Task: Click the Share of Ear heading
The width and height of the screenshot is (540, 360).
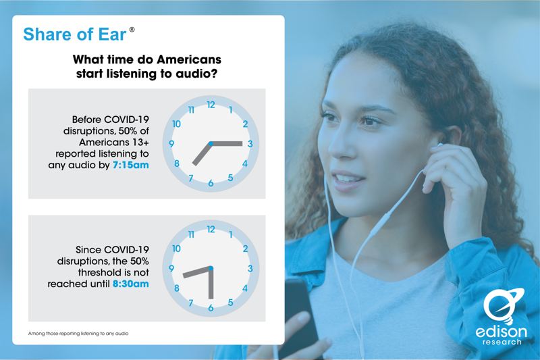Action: coord(75,34)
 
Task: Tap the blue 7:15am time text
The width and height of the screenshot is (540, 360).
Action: coord(130,165)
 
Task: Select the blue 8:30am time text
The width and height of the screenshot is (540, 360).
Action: coord(130,284)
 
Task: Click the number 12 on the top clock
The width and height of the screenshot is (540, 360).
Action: coord(211,105)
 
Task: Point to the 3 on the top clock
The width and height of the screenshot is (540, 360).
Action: coord(250,144)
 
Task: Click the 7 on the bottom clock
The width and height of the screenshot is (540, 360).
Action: coord(191,303)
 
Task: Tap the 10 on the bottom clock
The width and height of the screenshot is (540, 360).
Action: coord(176,249)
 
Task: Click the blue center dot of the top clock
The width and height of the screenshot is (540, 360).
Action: coord(211,144)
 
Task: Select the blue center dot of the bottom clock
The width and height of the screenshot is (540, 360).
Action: coord(211,268)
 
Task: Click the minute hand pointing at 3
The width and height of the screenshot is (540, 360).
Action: coord(227,144)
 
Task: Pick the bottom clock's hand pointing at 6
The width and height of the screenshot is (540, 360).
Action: coord(211,284)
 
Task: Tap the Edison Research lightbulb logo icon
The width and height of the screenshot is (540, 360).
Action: coord(502,305)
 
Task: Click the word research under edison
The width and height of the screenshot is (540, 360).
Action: coord(502,342)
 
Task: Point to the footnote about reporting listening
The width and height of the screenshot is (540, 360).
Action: coord(78,334)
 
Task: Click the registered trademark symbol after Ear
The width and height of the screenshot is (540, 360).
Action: coord(132,30)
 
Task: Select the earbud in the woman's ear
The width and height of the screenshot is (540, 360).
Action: coord(440,145)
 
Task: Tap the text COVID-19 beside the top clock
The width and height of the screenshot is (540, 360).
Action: coord(126,120)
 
